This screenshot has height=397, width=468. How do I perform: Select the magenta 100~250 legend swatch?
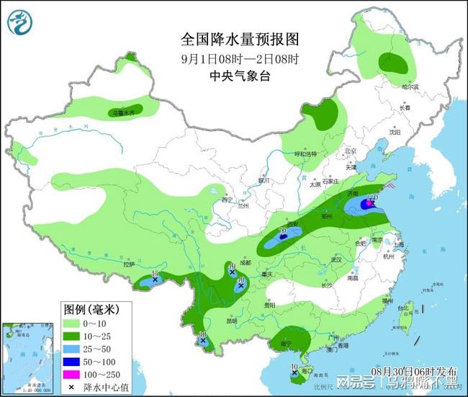click(73, 374)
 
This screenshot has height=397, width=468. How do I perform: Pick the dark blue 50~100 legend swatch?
click(73, 361)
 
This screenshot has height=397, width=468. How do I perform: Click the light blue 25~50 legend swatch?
click(73, 348)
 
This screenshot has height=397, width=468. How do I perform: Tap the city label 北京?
click(351, 151)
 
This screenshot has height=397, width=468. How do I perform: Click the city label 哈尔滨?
click(410, 86)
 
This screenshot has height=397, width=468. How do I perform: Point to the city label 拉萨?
click(129, 264)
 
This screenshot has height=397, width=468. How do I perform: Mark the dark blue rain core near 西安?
click(284, 236)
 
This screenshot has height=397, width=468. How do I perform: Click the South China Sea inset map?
click(27, 357)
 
